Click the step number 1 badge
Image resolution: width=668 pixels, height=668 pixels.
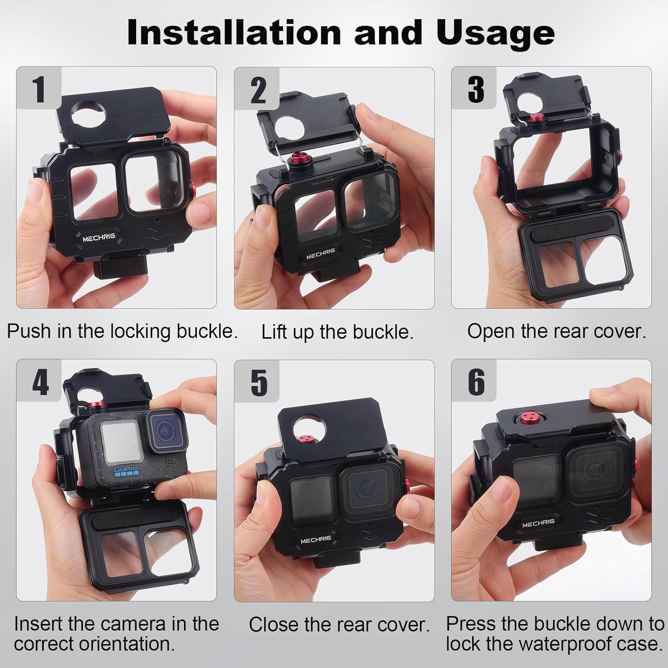39,89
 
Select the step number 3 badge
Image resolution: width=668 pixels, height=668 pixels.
475,89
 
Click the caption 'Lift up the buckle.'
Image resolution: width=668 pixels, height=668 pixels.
337,332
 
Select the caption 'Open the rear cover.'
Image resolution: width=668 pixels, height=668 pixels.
556,331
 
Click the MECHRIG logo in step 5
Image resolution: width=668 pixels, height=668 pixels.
316,540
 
